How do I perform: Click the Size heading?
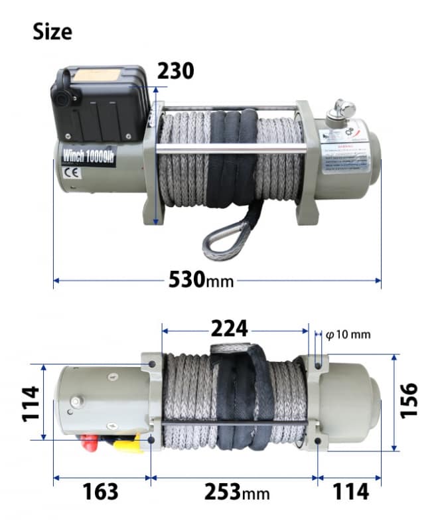point(52,31)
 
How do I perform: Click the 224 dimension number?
point(229,328)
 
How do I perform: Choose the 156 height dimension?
point(410,400)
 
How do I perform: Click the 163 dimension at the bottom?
point(100,492)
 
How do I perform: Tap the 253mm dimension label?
point(237,492)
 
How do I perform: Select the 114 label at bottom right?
point(350,492)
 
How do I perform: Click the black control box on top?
point(98,103)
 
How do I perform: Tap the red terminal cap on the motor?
point(88,444)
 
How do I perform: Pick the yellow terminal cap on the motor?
point(126,443)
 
